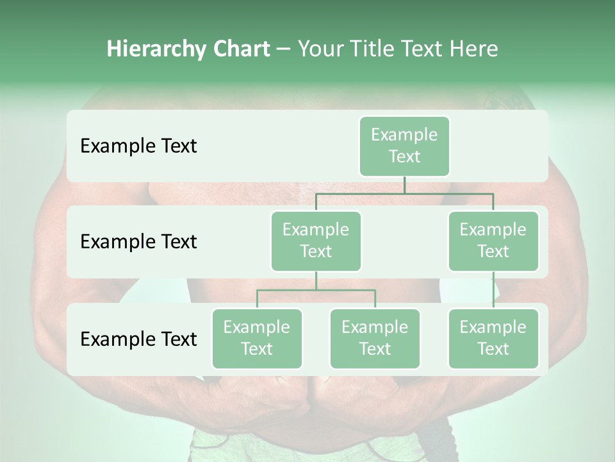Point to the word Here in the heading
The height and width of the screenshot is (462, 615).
[473, 49]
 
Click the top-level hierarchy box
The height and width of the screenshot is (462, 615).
[404, 146]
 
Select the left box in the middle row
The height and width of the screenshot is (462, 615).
[316, 241]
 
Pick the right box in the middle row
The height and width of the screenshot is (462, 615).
[493, 241]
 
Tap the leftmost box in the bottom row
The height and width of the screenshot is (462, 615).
[257, 339]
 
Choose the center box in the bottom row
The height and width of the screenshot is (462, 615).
[375, 339]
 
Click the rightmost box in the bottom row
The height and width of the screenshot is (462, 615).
[493, 339]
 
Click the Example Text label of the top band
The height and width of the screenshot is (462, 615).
[138, 146]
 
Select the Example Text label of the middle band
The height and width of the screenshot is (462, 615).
[138, 242]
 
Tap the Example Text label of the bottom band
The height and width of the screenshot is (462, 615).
[138, 339]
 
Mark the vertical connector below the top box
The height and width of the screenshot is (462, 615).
[404, 185]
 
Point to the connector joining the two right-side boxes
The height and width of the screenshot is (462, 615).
[493, 290]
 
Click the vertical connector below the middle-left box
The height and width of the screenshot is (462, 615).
[316, 280]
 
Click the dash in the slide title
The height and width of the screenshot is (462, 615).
[284, 49]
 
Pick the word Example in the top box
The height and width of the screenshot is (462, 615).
[404, 135]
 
